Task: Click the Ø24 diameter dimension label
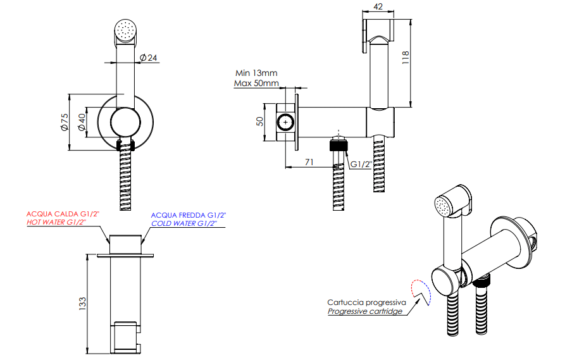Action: (149, 58)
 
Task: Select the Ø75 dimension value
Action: (65, 121)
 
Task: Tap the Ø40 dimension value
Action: (82, 121)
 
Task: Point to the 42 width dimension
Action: (378, 7)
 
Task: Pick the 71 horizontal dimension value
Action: (309, 162)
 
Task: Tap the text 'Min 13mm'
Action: (256, 73)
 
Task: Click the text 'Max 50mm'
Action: (256, 83)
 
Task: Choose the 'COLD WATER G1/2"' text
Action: (189, 224)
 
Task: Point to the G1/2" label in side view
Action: (362, 164)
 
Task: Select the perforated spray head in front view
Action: (125, 30)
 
